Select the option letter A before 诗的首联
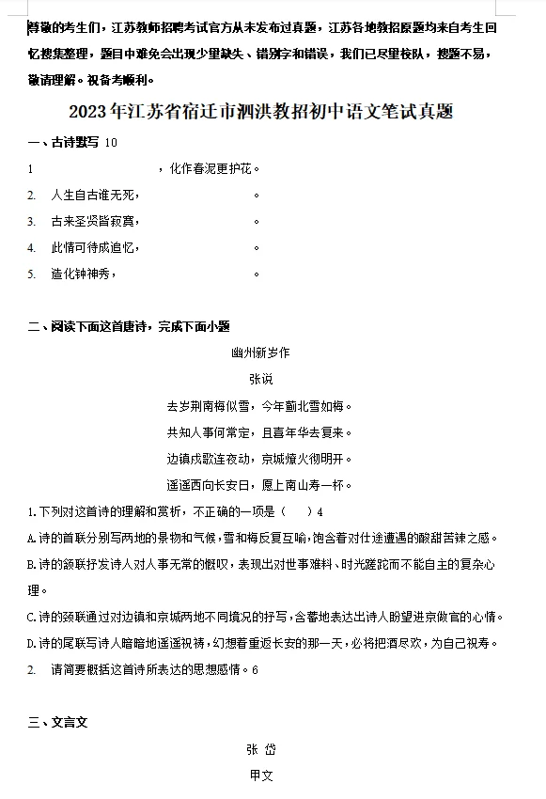31,539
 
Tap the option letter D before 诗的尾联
31,644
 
